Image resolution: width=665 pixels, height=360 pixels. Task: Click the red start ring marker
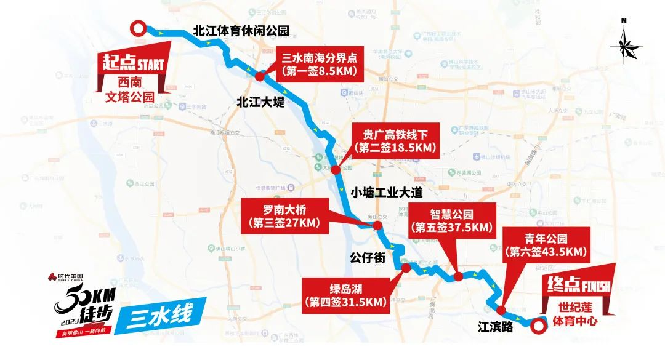(x=139, y=28)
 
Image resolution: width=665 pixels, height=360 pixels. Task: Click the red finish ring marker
(x=539, y=327)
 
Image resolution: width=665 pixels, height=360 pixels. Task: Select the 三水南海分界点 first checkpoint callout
(x=320, y=64)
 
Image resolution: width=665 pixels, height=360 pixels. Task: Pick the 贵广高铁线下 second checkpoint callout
(x=395, y=141)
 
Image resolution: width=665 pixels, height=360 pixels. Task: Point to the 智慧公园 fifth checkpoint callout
(x=451, y=220)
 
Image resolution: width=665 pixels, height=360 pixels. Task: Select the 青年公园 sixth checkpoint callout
(x=546, y=244)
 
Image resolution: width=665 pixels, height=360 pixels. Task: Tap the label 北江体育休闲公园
(x=241, y=31)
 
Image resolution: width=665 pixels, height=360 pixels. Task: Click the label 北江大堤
(x=260, y=103)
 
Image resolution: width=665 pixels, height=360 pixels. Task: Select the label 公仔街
(x=367, y=257)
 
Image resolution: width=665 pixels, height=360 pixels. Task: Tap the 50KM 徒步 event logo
(x=80, y=305)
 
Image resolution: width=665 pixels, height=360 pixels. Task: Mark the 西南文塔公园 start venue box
(x=129, y=90)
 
